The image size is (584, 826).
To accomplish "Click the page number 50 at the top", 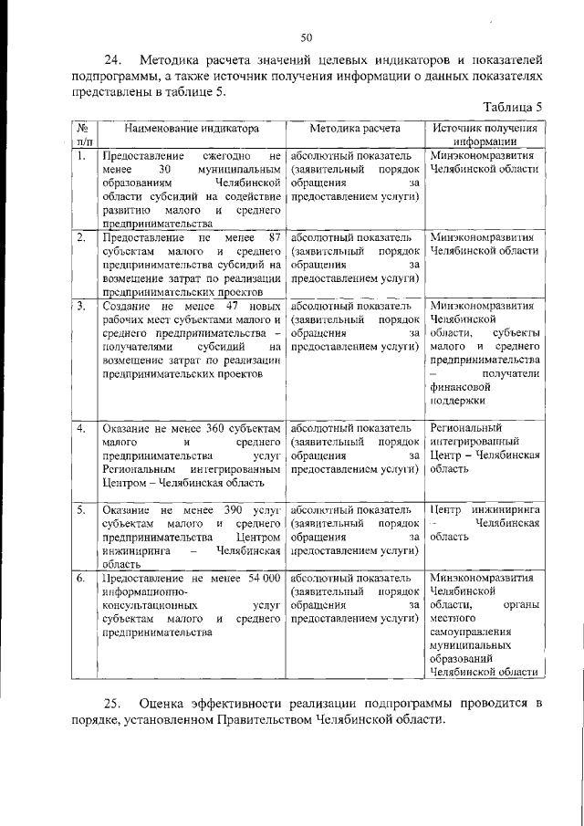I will pos(307,37).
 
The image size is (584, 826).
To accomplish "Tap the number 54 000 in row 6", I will pos(259,578).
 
